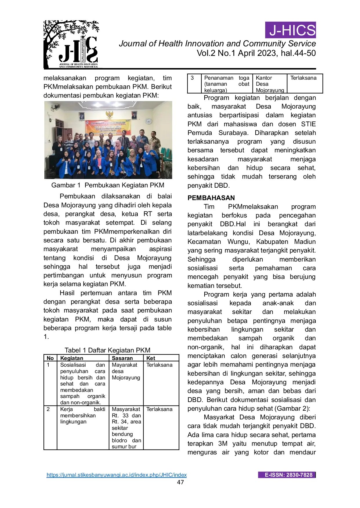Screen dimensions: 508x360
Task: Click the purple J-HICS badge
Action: click(x=290, y=30)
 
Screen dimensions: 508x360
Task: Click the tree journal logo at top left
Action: click(x=71, y=44)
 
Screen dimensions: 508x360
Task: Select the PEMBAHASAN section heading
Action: click(x=211, y=198)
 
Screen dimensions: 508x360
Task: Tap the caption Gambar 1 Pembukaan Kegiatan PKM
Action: click(x=108, y=185)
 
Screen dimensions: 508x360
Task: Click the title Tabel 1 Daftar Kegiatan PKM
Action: click(x=107, y=350)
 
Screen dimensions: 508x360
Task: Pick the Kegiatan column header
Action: click(x=72, y=358)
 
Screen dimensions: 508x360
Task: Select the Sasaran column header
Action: click(x=122, y=358)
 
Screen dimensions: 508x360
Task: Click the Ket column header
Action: click(x=151, y=358)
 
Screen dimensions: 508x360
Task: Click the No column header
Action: click(x=50, y=358)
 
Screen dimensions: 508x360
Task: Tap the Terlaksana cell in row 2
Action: click(x=159, y=409)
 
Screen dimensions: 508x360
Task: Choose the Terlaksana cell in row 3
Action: click(x=303, y=78)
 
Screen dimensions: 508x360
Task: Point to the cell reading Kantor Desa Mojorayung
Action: click(x=270, y=84)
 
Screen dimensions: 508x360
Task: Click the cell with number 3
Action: click(x=192, y=78)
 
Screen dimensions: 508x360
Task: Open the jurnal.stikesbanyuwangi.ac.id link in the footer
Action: click(x=117, y=475)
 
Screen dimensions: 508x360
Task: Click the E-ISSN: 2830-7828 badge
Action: click(x=287, y=475)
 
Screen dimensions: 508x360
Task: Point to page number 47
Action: click(x=180, y=482)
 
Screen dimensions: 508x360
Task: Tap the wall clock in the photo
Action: click(x=149, y=121)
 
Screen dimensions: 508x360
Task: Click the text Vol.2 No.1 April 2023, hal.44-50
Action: click(x=256, y=53)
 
